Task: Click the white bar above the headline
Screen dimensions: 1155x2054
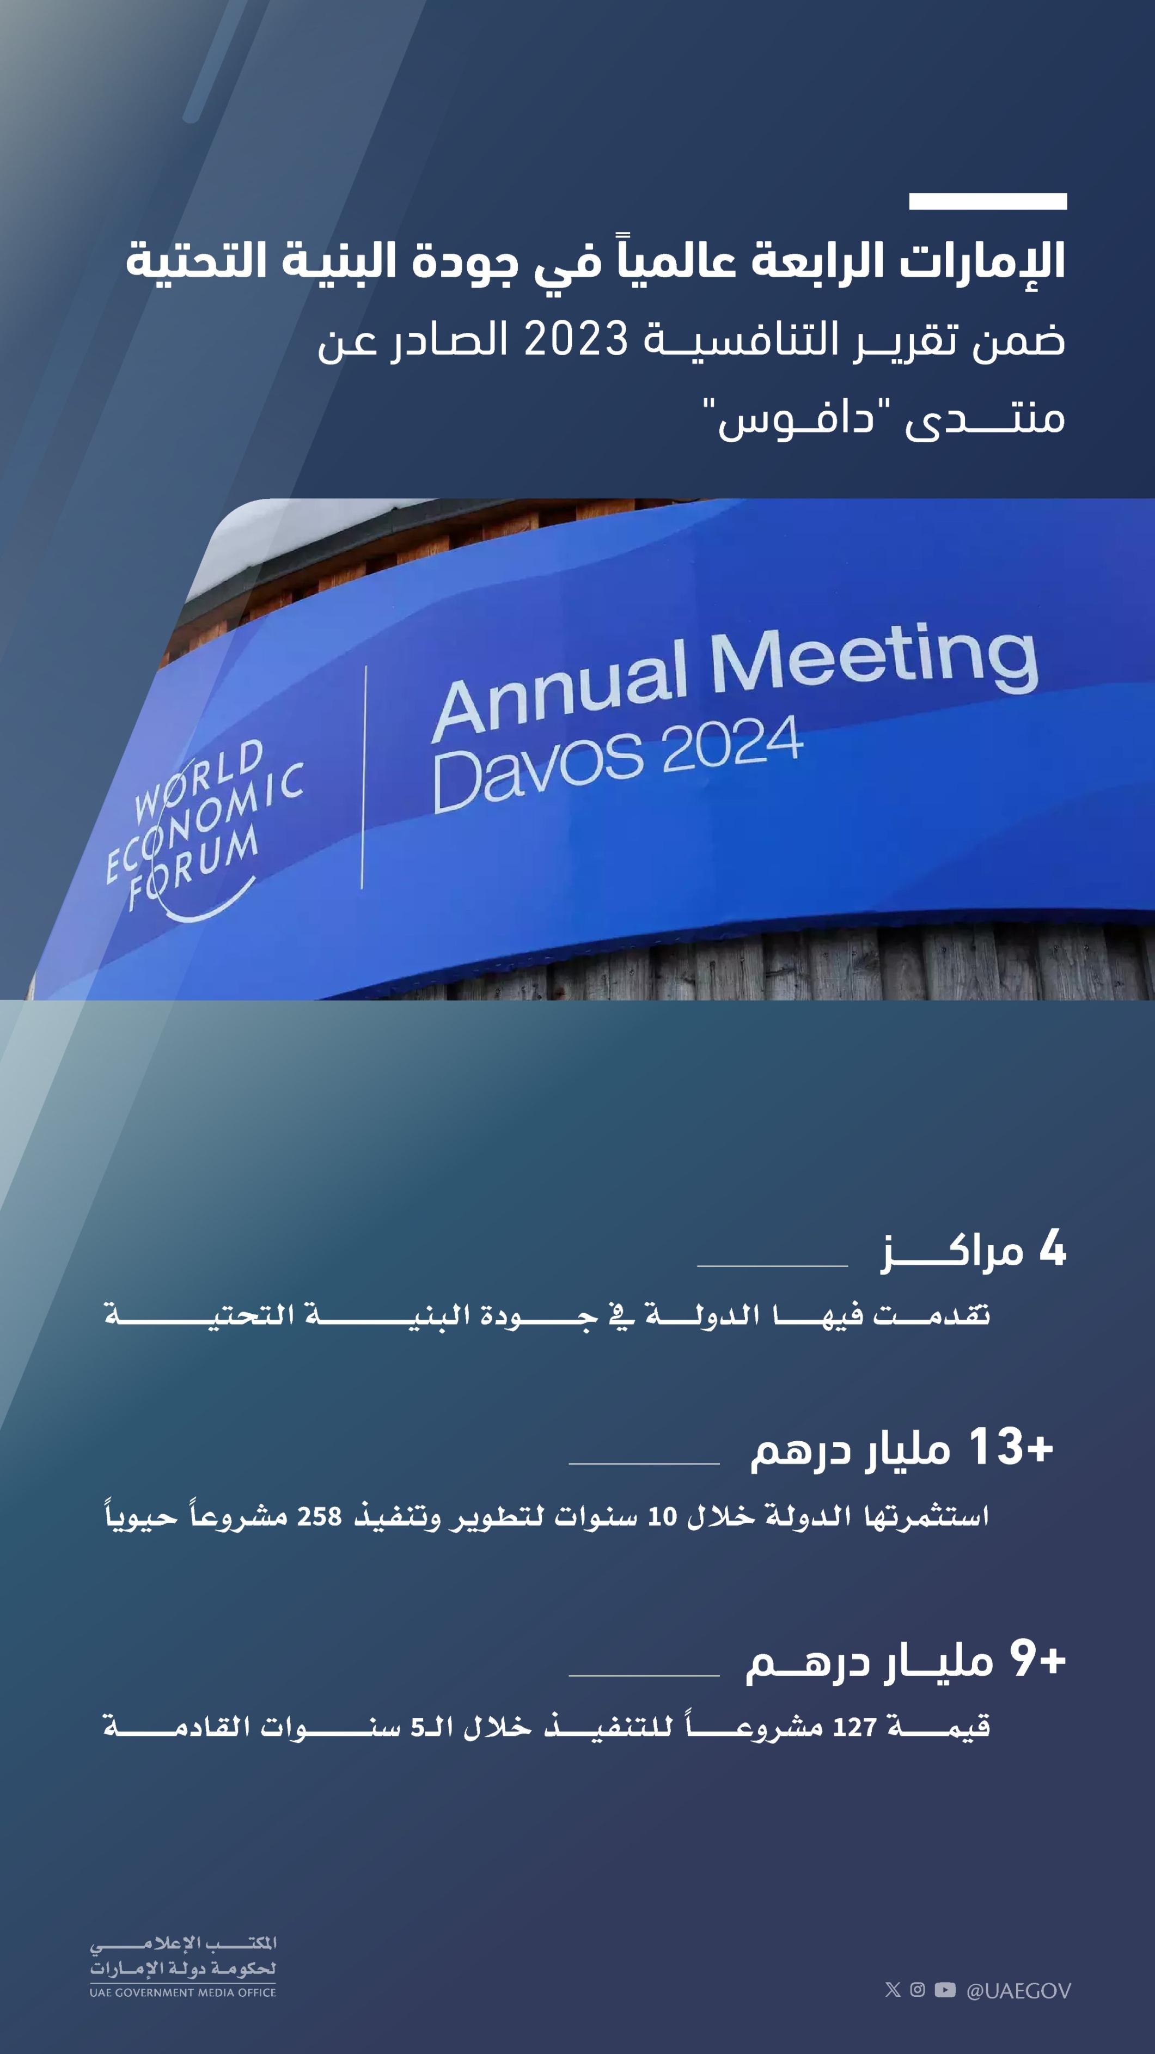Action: [x=988, y=201]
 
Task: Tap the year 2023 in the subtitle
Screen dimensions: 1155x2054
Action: [x=576, y=340]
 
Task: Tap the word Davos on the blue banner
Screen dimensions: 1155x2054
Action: [x=538, y=770]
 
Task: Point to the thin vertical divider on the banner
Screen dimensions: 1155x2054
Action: [x=364, y=777]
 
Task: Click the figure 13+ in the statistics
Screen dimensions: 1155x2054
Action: [x=1011, y=1447]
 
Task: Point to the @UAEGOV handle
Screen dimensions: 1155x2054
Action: [x=1019, y=1991]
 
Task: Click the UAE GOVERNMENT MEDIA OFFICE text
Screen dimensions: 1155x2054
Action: [x=182, y=1992]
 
